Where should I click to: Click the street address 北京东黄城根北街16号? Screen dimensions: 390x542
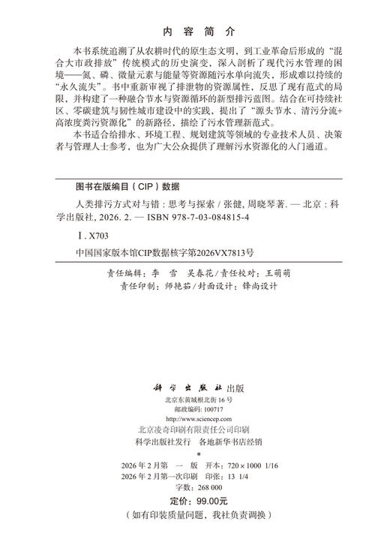pos(194,401)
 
